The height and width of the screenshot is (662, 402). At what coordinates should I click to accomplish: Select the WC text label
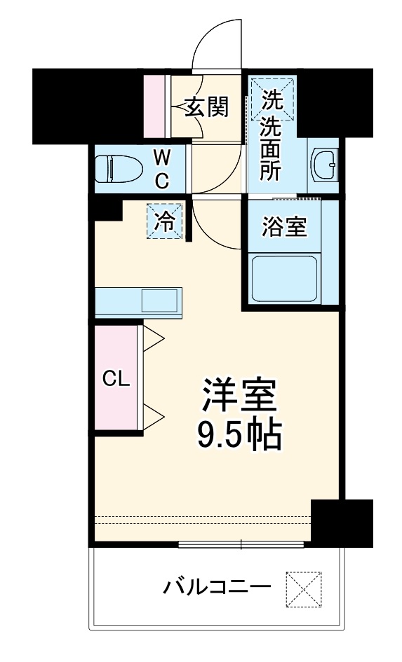(x=161, y=169)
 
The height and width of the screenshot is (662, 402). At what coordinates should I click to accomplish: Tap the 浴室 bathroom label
(x=283, y=228)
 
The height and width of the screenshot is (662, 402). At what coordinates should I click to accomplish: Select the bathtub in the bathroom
(x=285, y=279)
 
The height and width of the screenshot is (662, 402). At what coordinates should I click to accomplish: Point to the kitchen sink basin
(x=160, y=301)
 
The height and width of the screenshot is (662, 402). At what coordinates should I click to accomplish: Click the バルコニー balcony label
(x=217, y=586)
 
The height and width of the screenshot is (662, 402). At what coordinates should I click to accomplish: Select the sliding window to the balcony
(x=241, y=544)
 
